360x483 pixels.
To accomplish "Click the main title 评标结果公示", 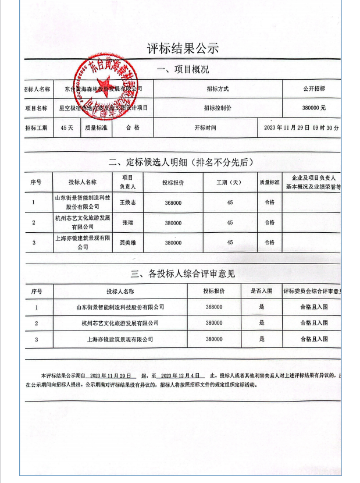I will coord(183,48).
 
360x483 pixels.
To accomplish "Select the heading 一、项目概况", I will coord(183,70).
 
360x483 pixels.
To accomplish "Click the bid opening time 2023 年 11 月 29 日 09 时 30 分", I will coord(301,127).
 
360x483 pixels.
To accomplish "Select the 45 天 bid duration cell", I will coord(67,127).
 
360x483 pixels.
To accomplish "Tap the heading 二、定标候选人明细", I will coord(183,162).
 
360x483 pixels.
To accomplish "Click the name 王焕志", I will coord(127,203).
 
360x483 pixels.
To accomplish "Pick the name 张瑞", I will coord(127,222).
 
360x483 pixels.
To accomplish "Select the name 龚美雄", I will coord(127,242).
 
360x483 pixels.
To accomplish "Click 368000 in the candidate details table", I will coord(173,203).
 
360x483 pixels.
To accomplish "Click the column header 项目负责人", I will coord(127,182).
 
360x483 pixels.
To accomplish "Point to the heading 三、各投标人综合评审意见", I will coord(183,273).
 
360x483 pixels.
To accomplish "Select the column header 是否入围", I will coord(262,292).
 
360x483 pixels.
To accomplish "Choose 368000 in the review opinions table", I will coord(214,307).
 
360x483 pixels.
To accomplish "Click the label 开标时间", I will coord(205,127).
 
